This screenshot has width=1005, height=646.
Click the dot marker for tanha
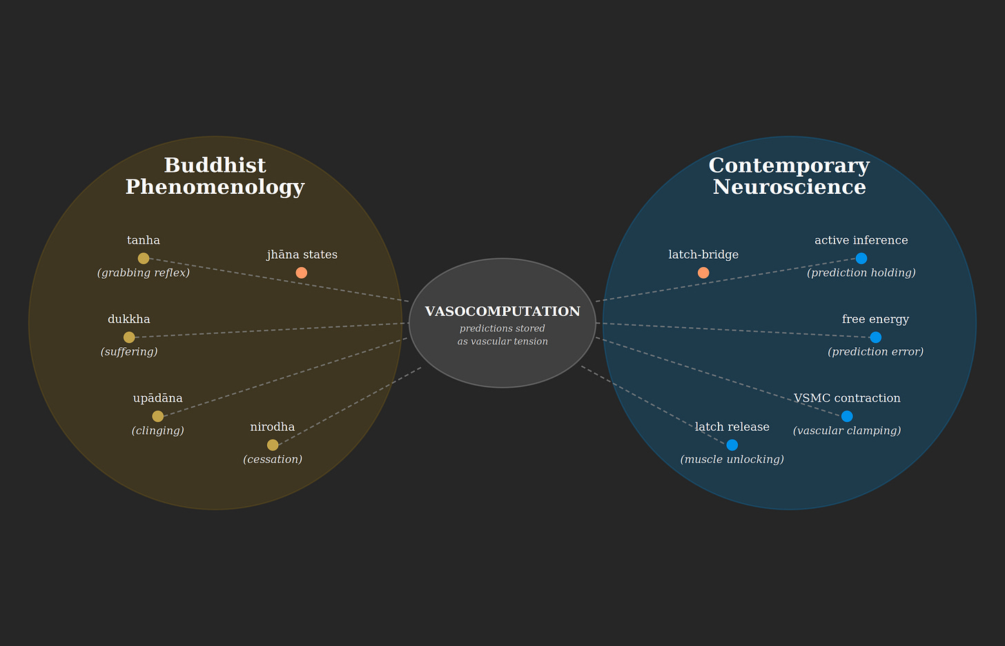pos(144,258)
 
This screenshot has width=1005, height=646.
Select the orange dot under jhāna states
pos(301,273)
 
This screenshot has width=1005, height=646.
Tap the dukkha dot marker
pos(129,337)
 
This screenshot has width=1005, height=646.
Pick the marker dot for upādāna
pos(157,416)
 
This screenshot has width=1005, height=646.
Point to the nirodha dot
pos(273,445)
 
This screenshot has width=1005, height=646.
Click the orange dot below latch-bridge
pos(703,273)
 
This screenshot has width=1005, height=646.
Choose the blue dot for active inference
pos(861,258)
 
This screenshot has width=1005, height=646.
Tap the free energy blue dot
pos(875,337)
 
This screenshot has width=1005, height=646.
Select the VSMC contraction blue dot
pos(847,416)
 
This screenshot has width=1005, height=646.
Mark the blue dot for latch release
pos(732,445)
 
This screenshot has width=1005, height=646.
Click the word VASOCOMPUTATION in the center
pos(502,312)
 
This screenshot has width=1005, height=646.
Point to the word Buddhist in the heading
pos(215,166)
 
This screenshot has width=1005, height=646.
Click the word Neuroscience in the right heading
pos(789,187)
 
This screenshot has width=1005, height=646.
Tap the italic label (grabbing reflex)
pos(144,273)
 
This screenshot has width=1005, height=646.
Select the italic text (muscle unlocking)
pos(732,460)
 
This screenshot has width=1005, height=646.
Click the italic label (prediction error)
pos(875,352)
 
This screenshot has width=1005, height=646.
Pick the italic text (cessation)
pos(273,460)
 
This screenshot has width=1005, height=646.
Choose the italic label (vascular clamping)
pos(847,431)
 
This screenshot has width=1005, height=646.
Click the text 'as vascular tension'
pos(502,342)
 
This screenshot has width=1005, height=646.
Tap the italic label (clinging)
pos(157,431)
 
